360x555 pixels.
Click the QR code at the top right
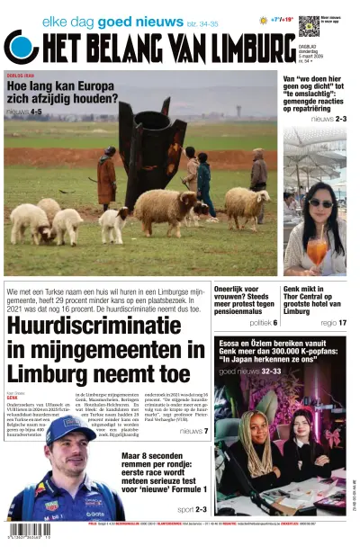coord(308,24)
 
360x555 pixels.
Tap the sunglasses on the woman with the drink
coord(320,204)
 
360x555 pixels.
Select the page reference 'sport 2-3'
coord(192,509)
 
